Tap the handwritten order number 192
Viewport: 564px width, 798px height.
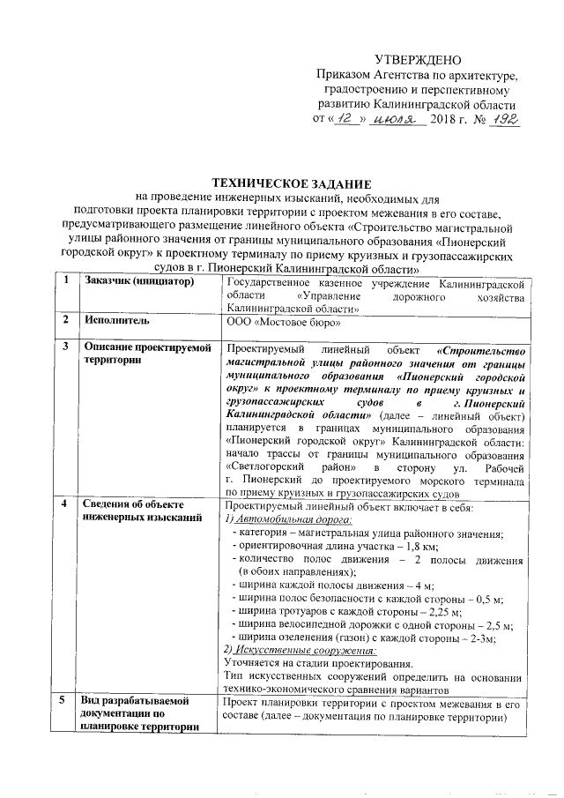[x=504, y=117]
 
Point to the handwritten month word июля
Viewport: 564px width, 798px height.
[x=395, y=117]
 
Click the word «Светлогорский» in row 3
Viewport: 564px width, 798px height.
[x=265, y=465]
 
